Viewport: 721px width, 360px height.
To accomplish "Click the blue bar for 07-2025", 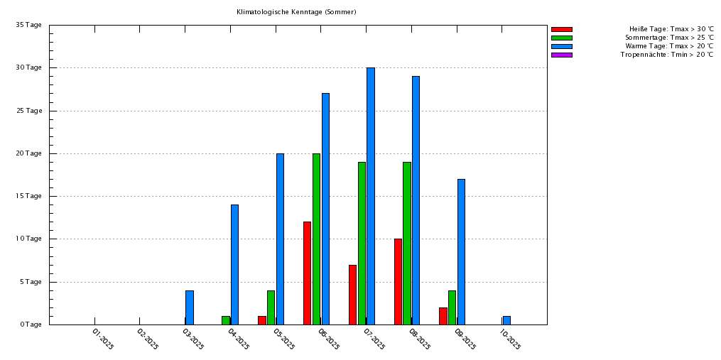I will tap(371, 196).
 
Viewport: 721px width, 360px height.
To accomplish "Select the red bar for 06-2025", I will tap(307, 273).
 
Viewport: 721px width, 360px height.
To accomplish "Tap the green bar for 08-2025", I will tap(407, 243).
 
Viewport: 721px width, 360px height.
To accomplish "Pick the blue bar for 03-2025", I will tap(190, 307).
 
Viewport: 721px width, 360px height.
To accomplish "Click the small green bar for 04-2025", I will tap(226, 320).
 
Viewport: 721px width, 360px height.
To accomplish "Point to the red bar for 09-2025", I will tap(443, 316).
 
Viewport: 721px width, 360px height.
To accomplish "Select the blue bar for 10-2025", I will tap(506, 320).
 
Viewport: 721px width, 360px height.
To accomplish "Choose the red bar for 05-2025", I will tap(262, 320).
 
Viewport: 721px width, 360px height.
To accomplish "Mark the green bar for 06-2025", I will tap(316, 239).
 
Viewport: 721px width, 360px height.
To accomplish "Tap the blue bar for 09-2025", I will tap(461, 251).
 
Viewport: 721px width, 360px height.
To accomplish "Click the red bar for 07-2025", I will tap(352, 295).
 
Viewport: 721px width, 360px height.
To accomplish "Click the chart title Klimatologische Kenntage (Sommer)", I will tap(296, 12).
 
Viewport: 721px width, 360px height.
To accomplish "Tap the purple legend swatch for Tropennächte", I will tap(561, 55).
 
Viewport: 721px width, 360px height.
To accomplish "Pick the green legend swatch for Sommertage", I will tap(561, 38).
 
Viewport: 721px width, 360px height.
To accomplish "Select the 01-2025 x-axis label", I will tap(103, 339).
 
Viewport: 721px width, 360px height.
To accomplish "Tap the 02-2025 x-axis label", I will tap(148, 339).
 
